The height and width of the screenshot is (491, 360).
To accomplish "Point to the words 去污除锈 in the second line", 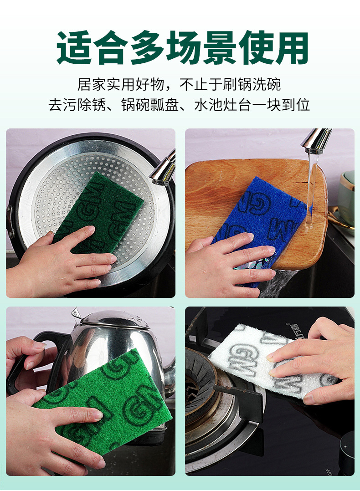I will (x=77, y=105).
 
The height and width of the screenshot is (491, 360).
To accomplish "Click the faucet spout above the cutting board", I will (x=317, y=141).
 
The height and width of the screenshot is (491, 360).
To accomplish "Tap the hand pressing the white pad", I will (x=314, y=360).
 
